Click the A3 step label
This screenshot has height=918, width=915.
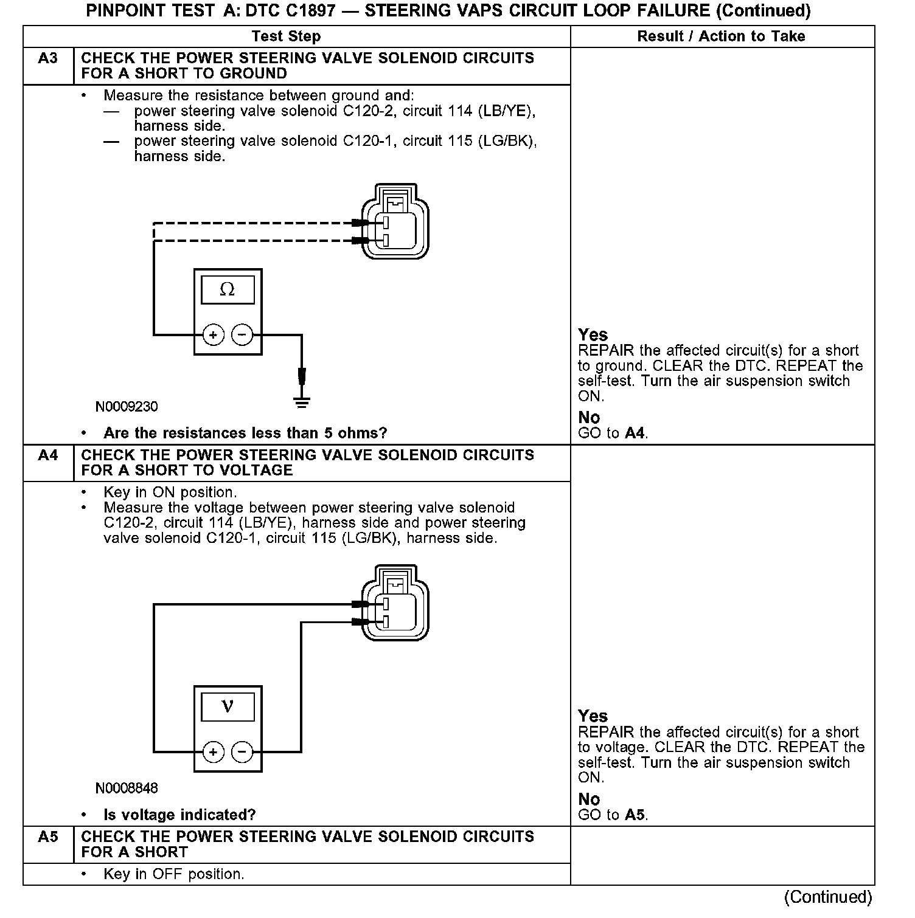pos(47,59)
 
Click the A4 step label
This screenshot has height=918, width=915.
pos(47,455)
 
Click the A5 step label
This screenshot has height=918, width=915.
pos(47,837)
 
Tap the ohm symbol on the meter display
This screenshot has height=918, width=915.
pos(227,289)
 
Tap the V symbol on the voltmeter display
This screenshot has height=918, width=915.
pos(227,706)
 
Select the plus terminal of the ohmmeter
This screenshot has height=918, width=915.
pos(213,335)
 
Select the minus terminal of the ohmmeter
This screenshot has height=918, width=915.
pos(242,335)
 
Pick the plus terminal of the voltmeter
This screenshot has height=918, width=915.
pos(213,753)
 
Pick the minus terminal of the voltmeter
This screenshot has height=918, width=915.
pos(242,753)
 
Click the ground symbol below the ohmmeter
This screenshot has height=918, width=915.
pos(302,402)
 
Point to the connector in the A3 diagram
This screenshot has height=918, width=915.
pos(395,221)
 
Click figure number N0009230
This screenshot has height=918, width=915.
pos(127,407)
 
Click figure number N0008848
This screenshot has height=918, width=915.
pos(127,789)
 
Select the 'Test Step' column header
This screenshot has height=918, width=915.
pos(286,36)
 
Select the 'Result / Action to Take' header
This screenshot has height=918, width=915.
pos(721,36)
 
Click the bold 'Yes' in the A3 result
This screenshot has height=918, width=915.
pos(593,335)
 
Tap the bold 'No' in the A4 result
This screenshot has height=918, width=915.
pos(589,799)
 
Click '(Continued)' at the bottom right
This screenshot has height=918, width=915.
pos(828,897)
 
